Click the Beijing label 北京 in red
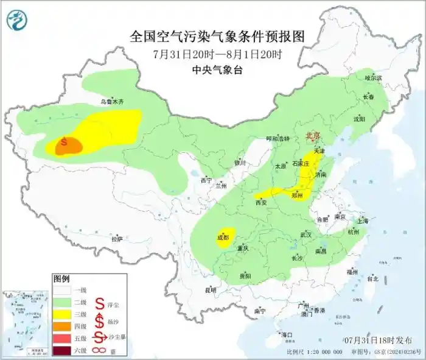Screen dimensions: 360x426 [x=312, y=137]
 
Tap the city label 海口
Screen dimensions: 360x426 [x=285, y=334]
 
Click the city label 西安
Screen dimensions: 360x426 [x=262, y=202]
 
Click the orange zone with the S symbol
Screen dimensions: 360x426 [x=67, y=146]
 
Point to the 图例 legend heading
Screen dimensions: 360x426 [x=61, y=279]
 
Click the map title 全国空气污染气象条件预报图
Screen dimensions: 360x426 [x=217, y=36]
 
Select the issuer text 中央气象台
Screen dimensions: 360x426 [x=217, y=70]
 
